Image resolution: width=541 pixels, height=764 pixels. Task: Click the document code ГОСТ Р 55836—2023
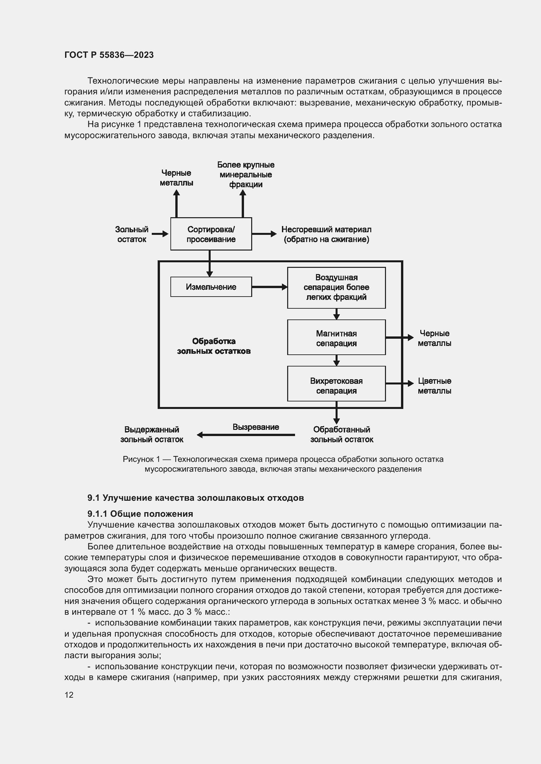coord(109,55)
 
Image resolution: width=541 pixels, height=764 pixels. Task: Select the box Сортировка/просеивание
coord(211,234)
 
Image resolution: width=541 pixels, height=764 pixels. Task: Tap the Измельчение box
coord(211,287)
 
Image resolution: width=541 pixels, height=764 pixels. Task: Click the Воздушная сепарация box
coord(336,287)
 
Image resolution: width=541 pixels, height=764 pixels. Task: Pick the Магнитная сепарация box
coord(336,338)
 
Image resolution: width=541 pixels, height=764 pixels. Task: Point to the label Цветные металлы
coord(434,386)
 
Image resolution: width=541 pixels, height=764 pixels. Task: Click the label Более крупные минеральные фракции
coord(246,175)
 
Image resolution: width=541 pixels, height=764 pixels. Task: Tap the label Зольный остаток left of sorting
coord(131,234)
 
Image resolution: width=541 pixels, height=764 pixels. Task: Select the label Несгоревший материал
coord(326,234)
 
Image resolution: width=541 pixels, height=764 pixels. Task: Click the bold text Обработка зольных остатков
coord(214,346)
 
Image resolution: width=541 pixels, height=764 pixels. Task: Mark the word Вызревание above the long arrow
coord(255,427)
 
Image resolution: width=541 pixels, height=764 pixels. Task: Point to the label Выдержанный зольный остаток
coord(151,434)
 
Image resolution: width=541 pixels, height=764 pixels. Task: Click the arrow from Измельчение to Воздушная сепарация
coord(269,287)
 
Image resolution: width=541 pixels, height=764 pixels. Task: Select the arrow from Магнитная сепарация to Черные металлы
coord(399,337)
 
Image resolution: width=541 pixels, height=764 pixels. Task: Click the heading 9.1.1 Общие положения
coord(140,514)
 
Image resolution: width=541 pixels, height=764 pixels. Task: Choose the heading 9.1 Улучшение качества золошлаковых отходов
coord(196,498)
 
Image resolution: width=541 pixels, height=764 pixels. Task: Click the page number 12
coord(69,695)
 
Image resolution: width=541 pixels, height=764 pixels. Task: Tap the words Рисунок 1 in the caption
coord(141,459)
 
